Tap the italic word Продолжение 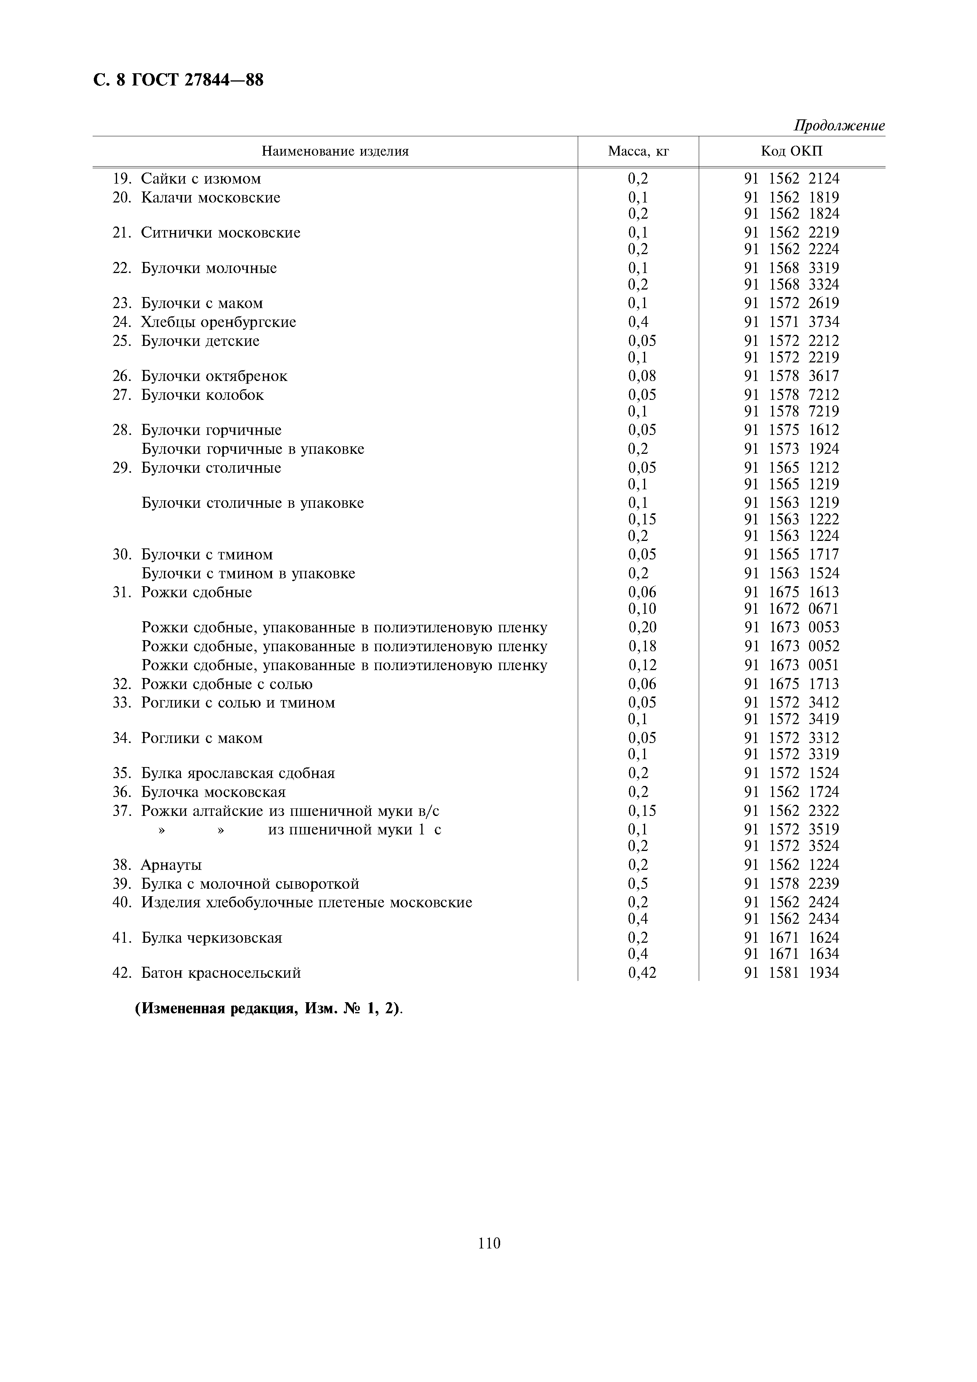pyautogui.click(x=839, y=126)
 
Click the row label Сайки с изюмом pyautogui.click(x=201, y=179)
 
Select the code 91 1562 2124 pyautogui.click(x=791, y=179)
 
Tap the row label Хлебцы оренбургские pyautogui.click(x=218, y=322)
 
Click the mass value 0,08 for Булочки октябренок pyautogui.click(x=642, y=376)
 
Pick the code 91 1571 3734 pyautogui.click(x=791, y=322)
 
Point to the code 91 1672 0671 pyautogui.click(x=791, y=609)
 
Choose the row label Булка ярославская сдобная pyautogui.click(x=237, y=773)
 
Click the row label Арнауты pyautogui.click(x=171, y=866)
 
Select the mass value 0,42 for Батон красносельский pyautogui.click(x=642, y=973)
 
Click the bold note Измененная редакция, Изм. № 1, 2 pyautogui.click(x=268, y=1009)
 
